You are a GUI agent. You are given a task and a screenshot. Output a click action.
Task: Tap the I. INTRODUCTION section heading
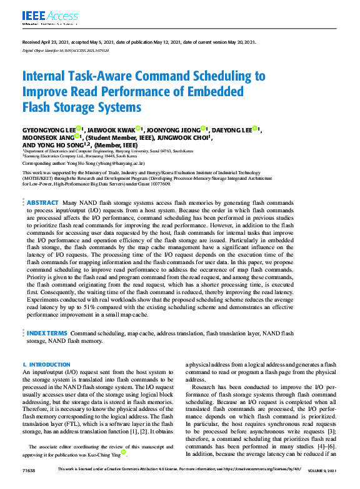coord(46,364)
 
